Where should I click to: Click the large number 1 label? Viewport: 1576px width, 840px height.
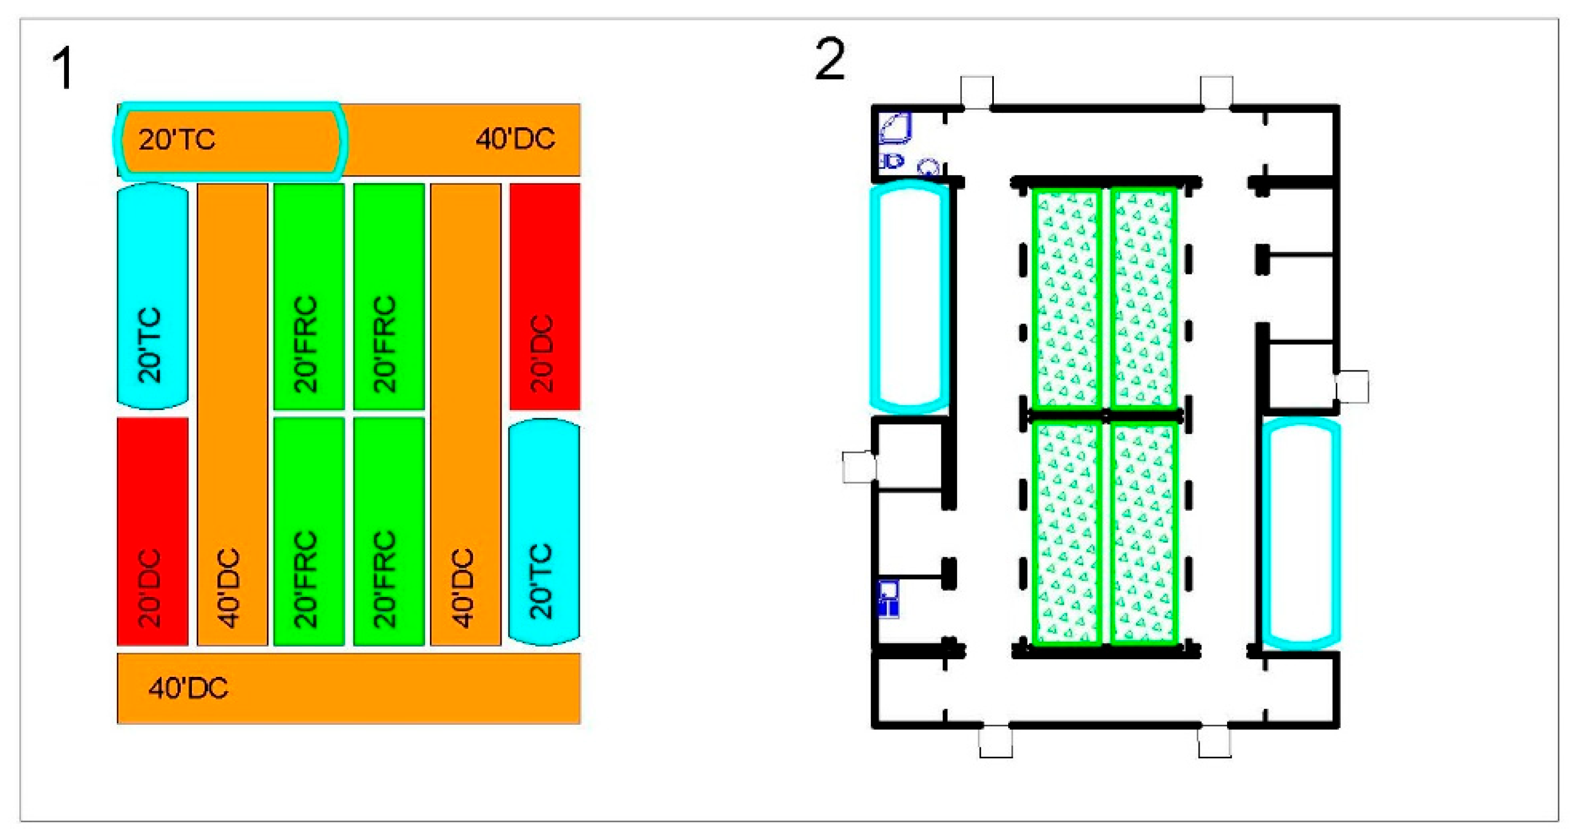click(x=63, y=69)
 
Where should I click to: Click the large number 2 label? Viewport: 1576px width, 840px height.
click(x=830, y=59)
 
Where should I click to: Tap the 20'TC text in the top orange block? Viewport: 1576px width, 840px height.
click(x=177, y=140)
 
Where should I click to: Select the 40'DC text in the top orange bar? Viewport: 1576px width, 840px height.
click(x=515, y=139)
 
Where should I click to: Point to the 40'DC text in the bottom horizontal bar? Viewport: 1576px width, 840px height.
click(x=188, y=689)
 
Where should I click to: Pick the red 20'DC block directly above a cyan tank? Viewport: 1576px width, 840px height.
click(x=545, y=296)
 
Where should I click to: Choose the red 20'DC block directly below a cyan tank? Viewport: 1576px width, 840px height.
click(x=152, y=531)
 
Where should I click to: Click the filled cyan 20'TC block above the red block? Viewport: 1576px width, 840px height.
click(x=152, y=296)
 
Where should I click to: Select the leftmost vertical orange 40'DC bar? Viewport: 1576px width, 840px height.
click(x=232, y=414)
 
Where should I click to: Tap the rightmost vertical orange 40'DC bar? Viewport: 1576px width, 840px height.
click(x=466, y=414)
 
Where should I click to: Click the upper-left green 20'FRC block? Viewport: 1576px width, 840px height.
click(x=309, y=296)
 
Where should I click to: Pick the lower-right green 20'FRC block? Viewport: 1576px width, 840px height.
click(x=389, y=531)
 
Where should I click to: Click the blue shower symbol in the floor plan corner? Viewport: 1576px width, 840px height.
click(x=895, y=128)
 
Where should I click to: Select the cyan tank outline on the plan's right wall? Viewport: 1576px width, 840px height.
click(x=1301, y=532)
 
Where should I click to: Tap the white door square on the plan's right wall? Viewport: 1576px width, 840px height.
click(x=1352, y=387)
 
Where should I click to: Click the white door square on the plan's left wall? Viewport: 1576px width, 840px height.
click(x=859, y=467)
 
